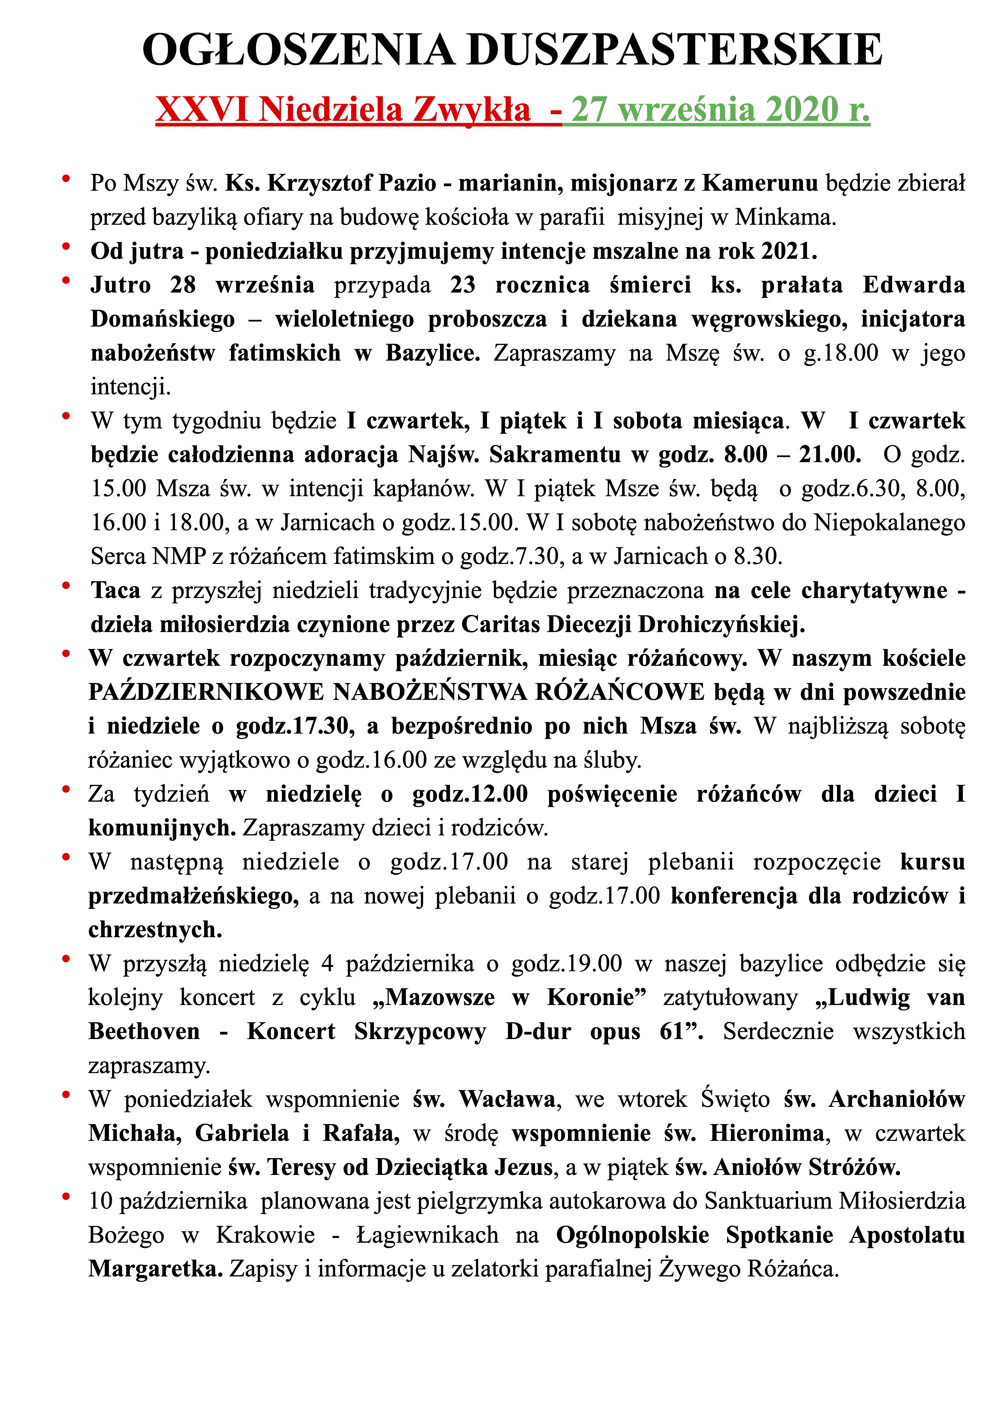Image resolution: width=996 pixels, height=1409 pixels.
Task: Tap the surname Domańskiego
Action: point(163,319)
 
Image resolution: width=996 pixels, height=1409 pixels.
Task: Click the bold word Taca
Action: point(115,590)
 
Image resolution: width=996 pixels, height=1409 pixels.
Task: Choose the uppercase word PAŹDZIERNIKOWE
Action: point(206,692)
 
